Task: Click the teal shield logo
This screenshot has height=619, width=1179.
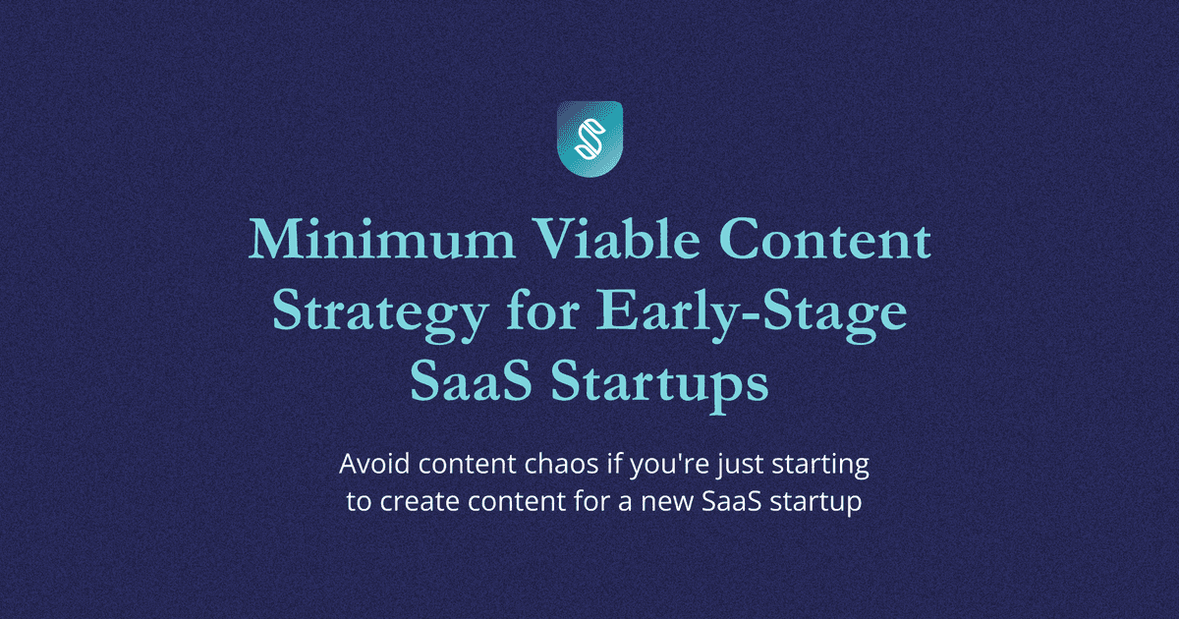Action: point(590,139)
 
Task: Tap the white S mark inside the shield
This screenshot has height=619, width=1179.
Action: point(590,139)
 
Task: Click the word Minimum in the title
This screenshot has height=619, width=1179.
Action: point(381,240)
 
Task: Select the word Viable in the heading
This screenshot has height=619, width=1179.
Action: point(616,240)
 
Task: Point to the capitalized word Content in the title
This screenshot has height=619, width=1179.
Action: point(824,240)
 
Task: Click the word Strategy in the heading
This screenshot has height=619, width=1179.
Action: point(380,313)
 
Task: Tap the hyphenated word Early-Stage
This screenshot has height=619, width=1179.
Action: point(753,313)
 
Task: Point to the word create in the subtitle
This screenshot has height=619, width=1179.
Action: point(420,501)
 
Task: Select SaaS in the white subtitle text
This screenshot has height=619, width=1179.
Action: point(732,501)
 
